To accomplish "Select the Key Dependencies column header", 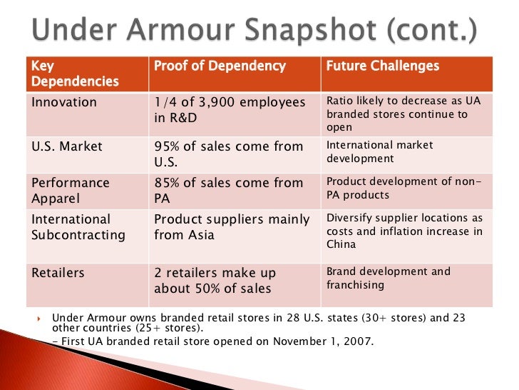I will pos(74,74).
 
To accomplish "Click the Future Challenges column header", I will pos(382,66).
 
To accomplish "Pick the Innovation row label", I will pos(64,102).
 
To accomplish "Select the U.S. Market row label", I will pos(67,146).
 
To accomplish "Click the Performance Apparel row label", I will pos(71,190).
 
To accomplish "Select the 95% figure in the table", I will pos(168,146).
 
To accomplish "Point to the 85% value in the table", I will pos(168,182).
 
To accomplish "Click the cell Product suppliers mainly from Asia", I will pos(232,226).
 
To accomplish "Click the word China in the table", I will pos(342,244).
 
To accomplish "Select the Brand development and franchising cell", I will pos(388,278).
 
